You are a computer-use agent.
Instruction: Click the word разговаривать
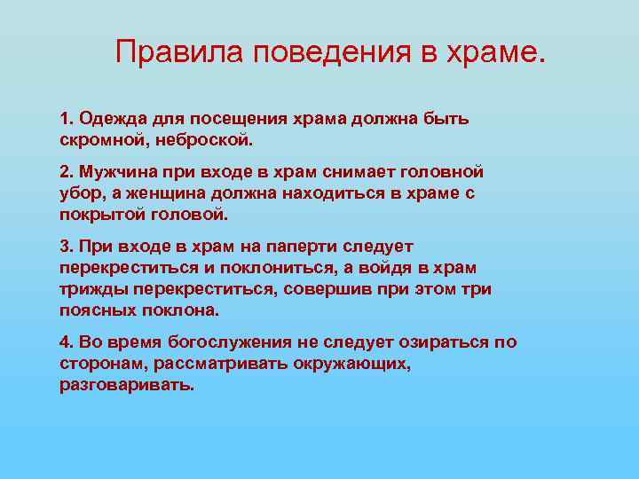point(126,385)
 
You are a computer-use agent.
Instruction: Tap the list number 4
point(65,342)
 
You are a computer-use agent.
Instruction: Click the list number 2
point(65,171)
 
